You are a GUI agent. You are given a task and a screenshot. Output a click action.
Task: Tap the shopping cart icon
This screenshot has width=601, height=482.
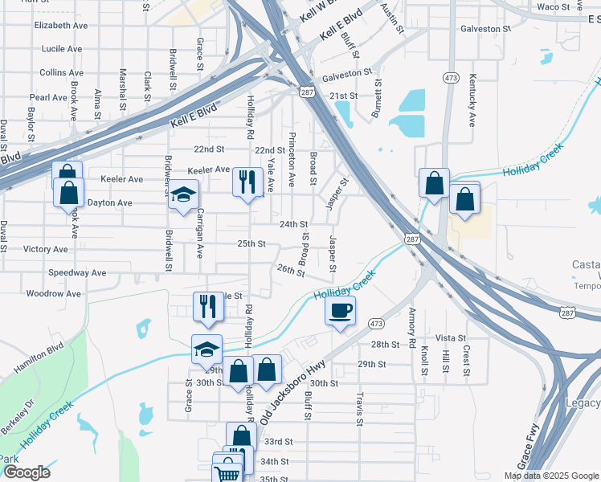click(227, 474)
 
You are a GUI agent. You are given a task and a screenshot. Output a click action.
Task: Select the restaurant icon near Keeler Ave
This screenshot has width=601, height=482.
click(247, 181)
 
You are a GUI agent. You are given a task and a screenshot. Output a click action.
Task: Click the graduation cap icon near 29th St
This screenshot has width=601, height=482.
click(206, 349)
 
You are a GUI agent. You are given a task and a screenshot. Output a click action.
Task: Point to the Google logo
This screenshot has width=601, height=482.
click(26, 472)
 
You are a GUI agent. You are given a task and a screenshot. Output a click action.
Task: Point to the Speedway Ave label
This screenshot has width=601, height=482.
click(77, 273)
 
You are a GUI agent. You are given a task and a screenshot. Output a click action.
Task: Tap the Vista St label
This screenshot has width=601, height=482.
click(451, 338)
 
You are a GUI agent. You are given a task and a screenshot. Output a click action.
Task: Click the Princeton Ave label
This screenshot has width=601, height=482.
click(292, 157)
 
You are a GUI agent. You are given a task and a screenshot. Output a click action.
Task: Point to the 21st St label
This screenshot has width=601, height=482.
click(343, 96)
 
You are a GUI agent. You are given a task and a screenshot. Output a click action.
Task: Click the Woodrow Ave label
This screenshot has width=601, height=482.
click(54, 294)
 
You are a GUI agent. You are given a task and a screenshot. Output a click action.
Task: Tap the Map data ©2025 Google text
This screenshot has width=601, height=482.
click(551, 476)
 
